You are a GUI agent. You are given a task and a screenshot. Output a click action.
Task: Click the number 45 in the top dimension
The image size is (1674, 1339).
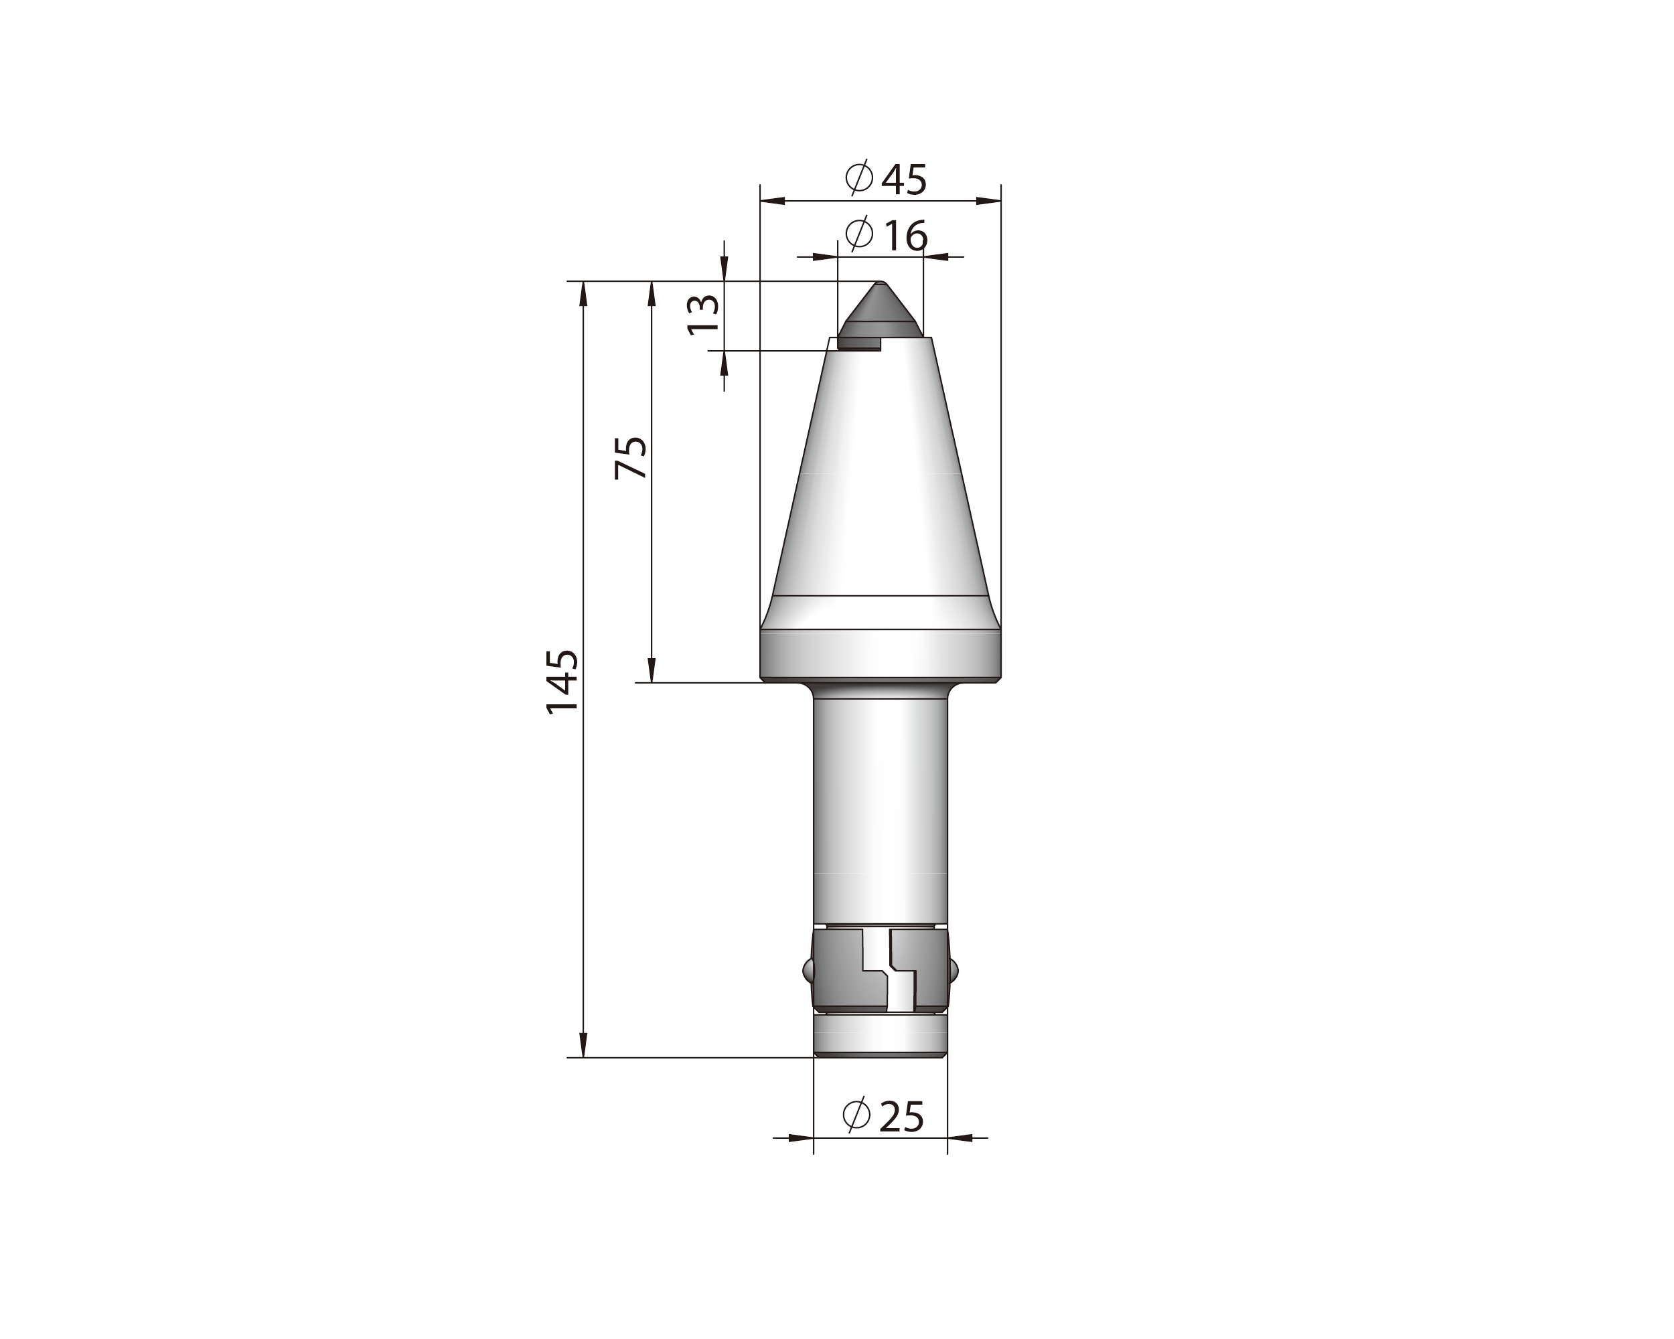coord(904,180)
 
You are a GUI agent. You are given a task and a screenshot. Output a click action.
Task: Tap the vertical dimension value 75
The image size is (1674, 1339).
coord(631,458)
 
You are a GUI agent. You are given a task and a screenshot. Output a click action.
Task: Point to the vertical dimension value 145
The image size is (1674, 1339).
coord(562,682)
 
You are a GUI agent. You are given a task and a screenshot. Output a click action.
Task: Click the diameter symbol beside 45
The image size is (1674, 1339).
coord(860,179)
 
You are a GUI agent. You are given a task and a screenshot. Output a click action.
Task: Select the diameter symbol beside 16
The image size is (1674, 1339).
coord(858,234)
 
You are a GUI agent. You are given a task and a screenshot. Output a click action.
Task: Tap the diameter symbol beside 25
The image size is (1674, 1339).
coord(856,1115)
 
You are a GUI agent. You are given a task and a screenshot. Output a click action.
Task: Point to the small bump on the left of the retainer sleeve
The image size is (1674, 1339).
coord(808,970)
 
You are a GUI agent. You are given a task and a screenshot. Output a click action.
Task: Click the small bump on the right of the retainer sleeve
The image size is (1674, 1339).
coord(954,970)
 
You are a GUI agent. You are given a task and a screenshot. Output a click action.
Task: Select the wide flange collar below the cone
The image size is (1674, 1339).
coord(880,654)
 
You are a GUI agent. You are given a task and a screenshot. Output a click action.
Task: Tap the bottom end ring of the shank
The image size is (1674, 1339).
coord(880,1037)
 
